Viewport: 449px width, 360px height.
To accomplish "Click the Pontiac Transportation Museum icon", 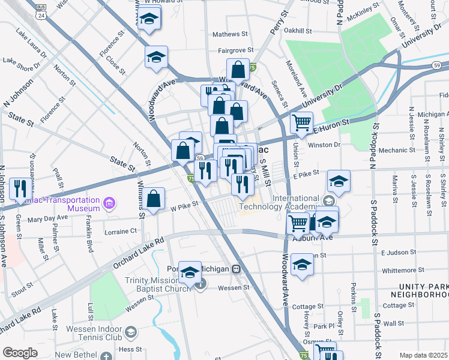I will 109,203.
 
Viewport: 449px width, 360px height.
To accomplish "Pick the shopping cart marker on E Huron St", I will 301,123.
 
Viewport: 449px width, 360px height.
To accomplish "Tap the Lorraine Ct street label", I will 121,232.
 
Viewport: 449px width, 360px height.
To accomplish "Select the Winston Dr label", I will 324,145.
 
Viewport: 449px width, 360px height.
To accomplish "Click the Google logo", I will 20,353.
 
